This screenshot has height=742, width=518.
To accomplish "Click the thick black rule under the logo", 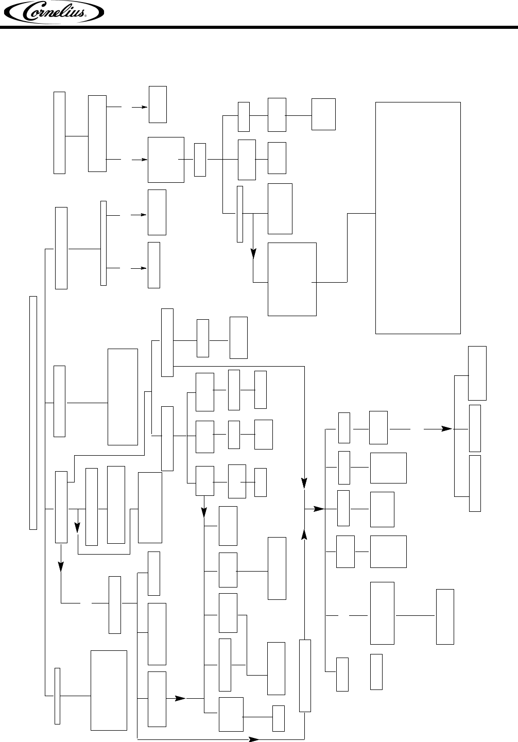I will point(259,27).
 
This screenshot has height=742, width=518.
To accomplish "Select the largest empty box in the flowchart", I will point(418,218).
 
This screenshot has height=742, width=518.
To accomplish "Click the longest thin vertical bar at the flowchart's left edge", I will point(33,412).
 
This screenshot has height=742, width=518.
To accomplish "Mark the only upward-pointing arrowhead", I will point(305,535).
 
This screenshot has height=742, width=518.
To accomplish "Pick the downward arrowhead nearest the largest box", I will point(253,253).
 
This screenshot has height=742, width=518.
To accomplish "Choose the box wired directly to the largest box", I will point(292,279).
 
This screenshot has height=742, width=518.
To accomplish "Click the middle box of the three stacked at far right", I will point(475,428).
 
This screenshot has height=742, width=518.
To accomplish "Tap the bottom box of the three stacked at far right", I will point(475,483).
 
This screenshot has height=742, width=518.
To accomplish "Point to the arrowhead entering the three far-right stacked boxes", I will point(448,428).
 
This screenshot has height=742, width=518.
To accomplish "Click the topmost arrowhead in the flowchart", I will point(144,107).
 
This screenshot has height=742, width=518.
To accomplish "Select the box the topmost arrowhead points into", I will point(158,105).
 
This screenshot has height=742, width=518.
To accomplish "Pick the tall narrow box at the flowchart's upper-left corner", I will point(60,133).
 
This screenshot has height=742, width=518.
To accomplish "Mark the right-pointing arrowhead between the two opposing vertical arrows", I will point(320,509).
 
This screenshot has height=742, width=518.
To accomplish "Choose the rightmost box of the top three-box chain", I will point(323,114).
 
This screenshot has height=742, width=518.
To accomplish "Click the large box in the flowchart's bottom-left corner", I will point(109,690).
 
